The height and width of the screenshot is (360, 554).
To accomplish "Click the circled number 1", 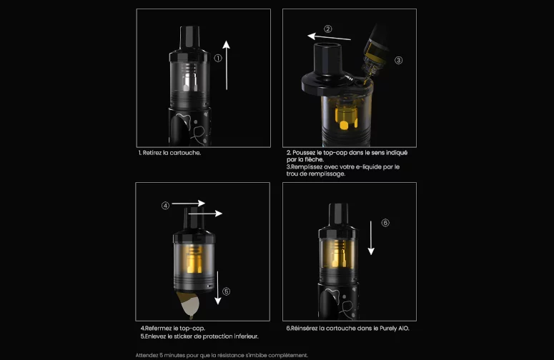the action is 218,59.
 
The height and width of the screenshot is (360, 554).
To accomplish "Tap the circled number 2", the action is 328,29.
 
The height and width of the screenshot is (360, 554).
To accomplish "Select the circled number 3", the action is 398,60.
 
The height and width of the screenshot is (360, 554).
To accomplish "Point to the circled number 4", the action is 165,206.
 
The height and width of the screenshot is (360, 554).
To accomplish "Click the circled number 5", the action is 226,291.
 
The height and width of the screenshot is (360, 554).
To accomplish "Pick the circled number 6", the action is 385,223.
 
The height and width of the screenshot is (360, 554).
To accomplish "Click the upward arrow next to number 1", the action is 227,65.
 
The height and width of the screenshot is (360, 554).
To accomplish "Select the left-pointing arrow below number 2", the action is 330,36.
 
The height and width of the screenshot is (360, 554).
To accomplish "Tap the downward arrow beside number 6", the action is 371,238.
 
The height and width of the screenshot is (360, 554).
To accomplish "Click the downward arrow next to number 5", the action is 217,288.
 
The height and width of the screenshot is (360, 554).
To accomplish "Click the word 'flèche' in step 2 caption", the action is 313,159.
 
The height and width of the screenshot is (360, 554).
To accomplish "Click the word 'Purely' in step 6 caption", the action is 388,329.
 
